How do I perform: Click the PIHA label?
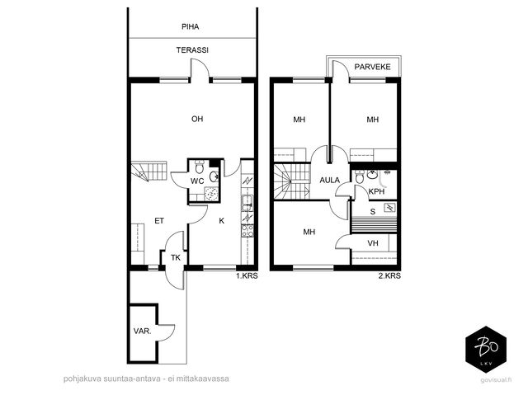(x=191, y=26)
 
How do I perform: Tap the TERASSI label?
(x=192, y=50)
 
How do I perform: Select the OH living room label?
(x=197, y=119)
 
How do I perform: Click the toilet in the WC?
(x=200, y=167)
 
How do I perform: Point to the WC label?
(x=197, y=181)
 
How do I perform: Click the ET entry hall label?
(x=159, y=221)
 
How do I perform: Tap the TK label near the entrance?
(x=176, y=258)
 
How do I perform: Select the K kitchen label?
(x=222, y=221)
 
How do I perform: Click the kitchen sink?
(x=247, y=203)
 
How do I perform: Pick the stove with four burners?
(x=247, y=231)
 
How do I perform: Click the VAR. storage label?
(x=142, y=331)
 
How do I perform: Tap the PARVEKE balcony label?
(x=372, y=67)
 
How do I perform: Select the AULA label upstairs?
(x=330, y=181)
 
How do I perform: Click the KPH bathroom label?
(x=376, y=191)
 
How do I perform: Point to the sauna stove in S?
(x=390, y=208)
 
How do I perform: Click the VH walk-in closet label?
(x=373, y=243)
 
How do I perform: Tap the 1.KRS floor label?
(x=247, y=276)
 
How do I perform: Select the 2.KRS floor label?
(x=389, y=276)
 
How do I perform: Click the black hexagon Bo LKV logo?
(x=486, y=350)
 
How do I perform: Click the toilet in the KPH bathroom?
(x=360, y=177)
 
